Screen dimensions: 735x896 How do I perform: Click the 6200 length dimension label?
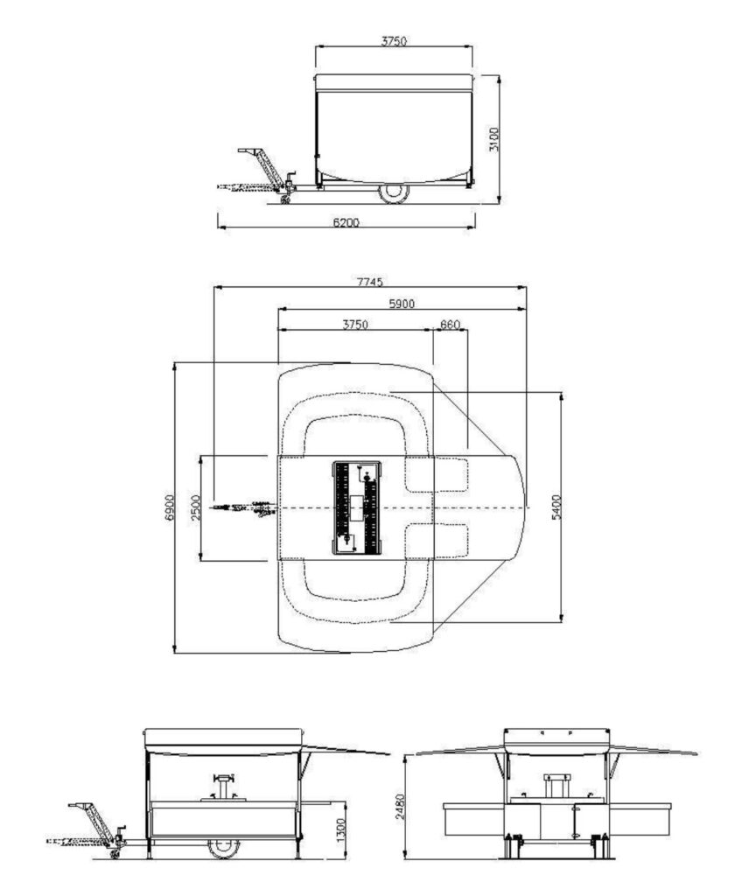[x=346, y=222]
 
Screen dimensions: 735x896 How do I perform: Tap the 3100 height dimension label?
[x=494, y=139]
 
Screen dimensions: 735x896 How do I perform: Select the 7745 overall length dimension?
[x=370, y=282]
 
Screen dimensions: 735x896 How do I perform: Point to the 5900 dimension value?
[x=402, y=304]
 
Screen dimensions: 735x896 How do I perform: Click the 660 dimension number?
[x=450, y=325]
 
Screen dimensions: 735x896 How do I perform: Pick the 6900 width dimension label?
[x=169, y=507]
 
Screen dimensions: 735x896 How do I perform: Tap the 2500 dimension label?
[x=196, y=507]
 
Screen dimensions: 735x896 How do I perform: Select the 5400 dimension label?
[x=556, y=507]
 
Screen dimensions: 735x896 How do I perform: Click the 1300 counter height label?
[x=341, y=829]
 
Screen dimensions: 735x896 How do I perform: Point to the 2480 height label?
[x=400, y=806]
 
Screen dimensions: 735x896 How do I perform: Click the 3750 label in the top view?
[x=394, y=41]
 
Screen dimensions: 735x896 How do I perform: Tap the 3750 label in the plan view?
[x=355, y=325]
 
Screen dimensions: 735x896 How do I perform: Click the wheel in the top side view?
[x=394, y=192]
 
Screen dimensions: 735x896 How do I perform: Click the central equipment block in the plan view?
[x=357, y=507]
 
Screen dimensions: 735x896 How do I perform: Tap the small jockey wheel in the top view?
[x=284, y=199]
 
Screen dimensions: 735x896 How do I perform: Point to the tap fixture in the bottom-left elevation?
[x=223, y=787]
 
